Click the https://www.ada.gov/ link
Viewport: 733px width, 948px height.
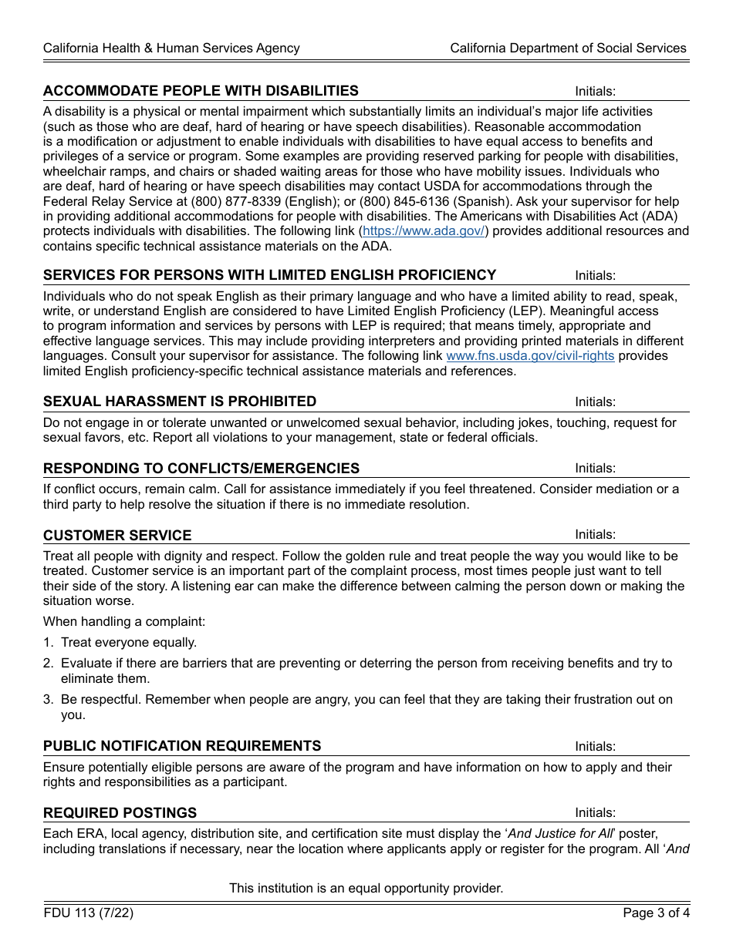[x=424, y=231]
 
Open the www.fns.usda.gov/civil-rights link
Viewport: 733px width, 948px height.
[x=530, y=356]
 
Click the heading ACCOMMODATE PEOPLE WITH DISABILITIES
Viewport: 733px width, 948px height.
[x=201, y=91]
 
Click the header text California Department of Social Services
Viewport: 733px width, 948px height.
[x=568, y=48]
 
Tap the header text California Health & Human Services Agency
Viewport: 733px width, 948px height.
[x=171, y=48]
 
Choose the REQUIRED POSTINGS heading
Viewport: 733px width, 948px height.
[x=120, y=813]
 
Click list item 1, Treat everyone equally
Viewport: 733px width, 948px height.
[x=128, y=642]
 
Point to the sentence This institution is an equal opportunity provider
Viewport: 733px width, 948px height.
[x=366, y=888]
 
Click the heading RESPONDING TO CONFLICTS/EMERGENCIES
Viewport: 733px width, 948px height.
[x=201, y=469]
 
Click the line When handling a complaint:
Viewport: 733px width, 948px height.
[x=124, y=621]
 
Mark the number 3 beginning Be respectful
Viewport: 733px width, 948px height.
[x=47, y=700]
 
